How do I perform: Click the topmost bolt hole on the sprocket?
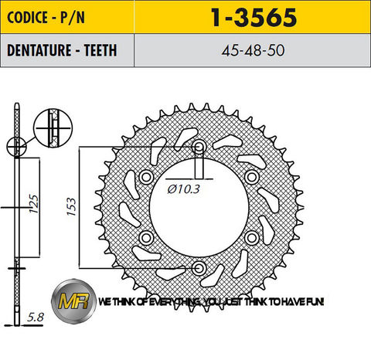click(x=199, y=147)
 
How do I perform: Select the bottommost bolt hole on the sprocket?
click(x=199, y=267)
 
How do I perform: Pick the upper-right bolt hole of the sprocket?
click(x=251, y=178)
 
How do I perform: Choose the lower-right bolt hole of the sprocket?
click(x=251, y=237)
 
